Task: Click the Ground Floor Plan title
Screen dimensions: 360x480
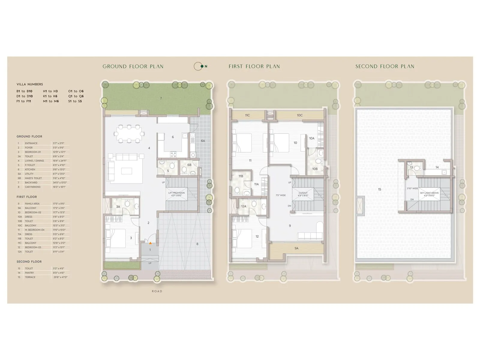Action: pos(133,67)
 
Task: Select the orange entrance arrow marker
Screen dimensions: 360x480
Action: pos(150,243)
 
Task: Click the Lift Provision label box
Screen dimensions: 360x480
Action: pos(176,194)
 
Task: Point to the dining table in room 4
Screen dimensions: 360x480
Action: pos(129,134)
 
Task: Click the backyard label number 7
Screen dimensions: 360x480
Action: pos(161,98)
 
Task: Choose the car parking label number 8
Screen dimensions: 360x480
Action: pos(197,244)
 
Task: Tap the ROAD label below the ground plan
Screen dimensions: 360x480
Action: pos(157,291)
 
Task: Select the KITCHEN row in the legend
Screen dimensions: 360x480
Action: pos(30,169)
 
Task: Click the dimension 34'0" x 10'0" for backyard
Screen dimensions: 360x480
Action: pos(60,183)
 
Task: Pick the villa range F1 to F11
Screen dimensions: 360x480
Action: pos(24,101)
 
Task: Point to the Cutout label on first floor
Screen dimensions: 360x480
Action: pos(303,194)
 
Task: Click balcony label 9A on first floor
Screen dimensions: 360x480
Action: pos(296,248)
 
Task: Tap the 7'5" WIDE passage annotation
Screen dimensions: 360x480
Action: pos(280,195)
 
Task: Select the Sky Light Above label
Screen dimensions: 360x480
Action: pos(429,194)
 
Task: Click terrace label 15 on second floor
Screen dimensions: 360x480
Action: pos(379,190)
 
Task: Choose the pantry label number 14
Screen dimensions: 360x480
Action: pos(437,167)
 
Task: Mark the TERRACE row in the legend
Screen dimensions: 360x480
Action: pos(30,277)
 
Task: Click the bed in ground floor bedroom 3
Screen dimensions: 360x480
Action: pos(115,238)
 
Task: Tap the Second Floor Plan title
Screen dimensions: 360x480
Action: pos(385,67)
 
